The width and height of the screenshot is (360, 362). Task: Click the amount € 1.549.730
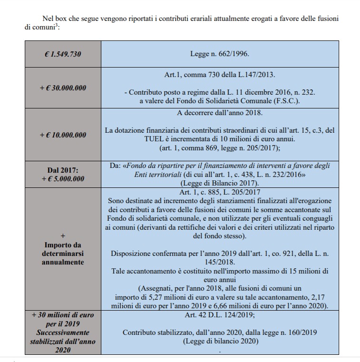63,54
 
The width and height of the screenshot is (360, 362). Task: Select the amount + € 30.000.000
63,88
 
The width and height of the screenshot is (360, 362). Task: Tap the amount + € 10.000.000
63,135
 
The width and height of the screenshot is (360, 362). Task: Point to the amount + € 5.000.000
63,179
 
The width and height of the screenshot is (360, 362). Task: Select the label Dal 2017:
63,170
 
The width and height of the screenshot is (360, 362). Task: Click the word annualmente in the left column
63,262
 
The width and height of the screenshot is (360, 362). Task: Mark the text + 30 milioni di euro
63,314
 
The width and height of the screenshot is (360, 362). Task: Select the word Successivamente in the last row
63,332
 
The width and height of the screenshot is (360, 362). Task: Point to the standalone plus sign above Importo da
63,235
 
